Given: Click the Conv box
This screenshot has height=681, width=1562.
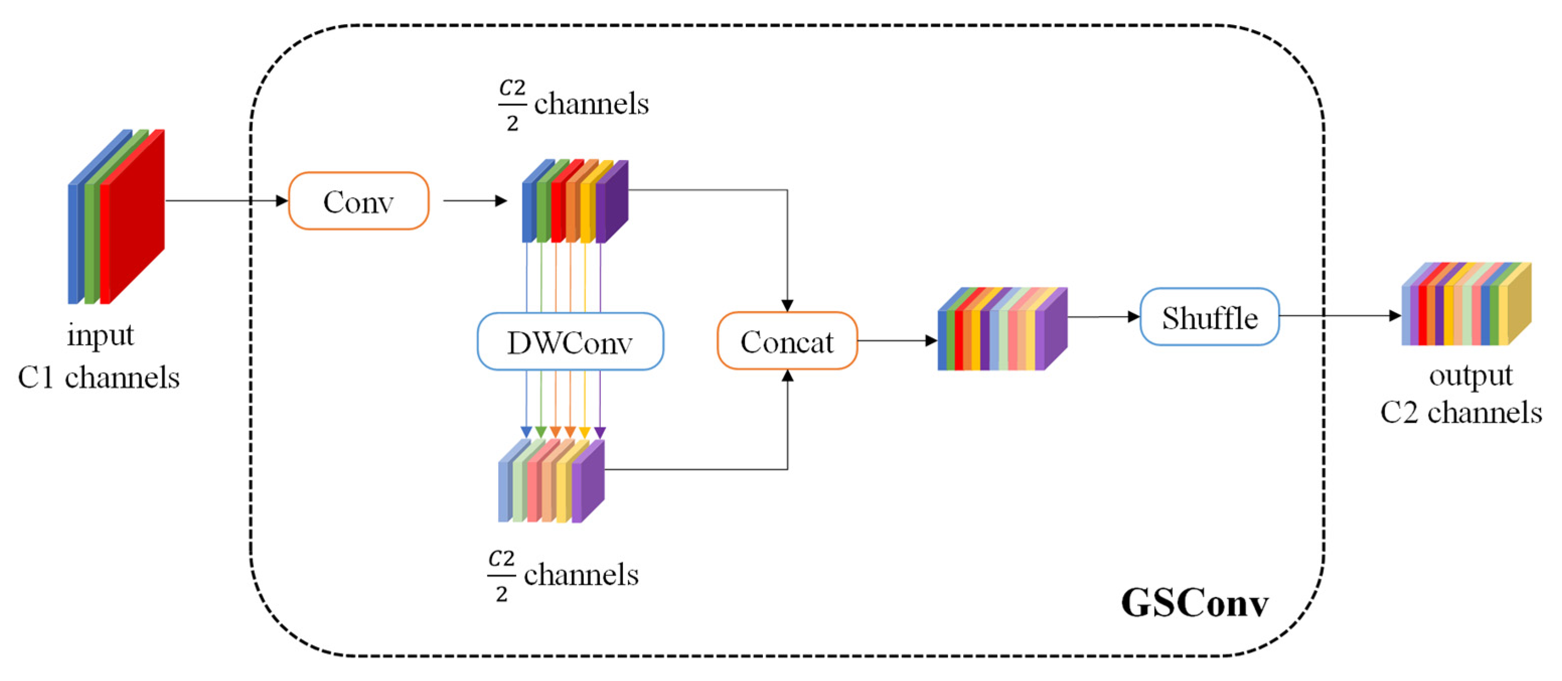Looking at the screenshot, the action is (x=358, y=201).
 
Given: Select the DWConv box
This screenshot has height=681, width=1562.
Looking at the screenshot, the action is (x=570, y=341).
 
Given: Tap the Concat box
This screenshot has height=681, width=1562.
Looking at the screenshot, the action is (x=787, y=341).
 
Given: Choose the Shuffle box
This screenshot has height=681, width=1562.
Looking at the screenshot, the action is (x=1210, y=317).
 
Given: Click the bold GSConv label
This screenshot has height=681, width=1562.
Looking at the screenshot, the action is (x=1195, y=603).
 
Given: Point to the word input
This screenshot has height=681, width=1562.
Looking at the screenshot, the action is (x=100, y=335).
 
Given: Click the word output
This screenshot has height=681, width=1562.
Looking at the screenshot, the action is (x=1470, y=376).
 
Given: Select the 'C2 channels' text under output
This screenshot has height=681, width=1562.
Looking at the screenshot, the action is (x=1461, y=413).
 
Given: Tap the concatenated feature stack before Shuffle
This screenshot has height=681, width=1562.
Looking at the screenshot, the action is (x=1002, y=329).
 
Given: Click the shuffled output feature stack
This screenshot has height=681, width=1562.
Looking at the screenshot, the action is (x=1466, y=304).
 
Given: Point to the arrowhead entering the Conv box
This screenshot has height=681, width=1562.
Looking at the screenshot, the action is (x=282, y=201).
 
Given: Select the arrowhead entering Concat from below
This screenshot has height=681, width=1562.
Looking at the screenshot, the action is (x=787, y=376).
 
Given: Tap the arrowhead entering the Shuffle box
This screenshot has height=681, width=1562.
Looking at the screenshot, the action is (x=1133, y=317).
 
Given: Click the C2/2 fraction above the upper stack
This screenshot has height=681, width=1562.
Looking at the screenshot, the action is (x=512, y=105).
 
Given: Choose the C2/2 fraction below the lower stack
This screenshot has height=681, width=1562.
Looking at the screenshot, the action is (x=502, y=575).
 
